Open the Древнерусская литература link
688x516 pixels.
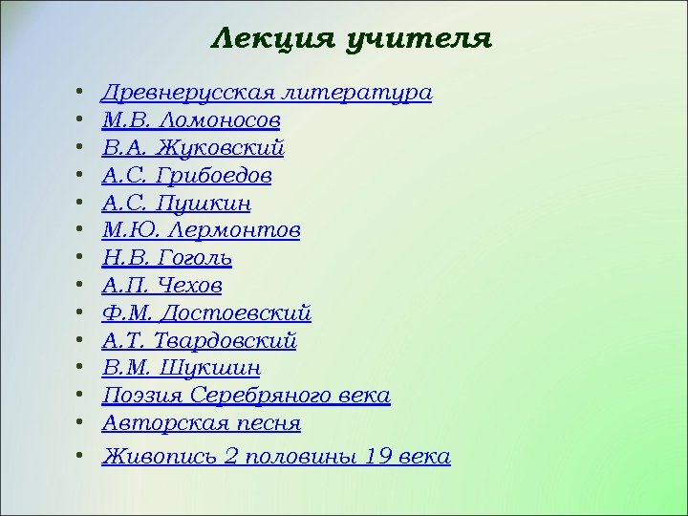pos(267,94)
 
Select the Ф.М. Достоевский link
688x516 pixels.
pos(206,313)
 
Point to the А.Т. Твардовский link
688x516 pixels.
pos(200,341)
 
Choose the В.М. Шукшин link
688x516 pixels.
pos(182,368)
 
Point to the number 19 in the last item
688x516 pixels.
pos(378,456)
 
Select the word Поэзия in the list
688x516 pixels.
pos(142,396)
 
